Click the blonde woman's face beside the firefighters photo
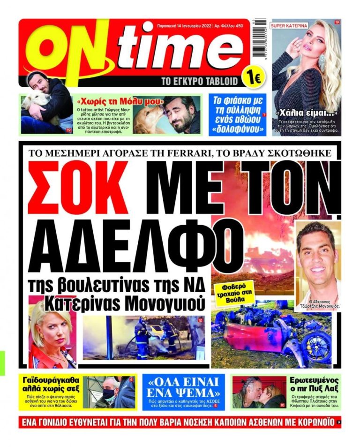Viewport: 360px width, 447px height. pos(50,329)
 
